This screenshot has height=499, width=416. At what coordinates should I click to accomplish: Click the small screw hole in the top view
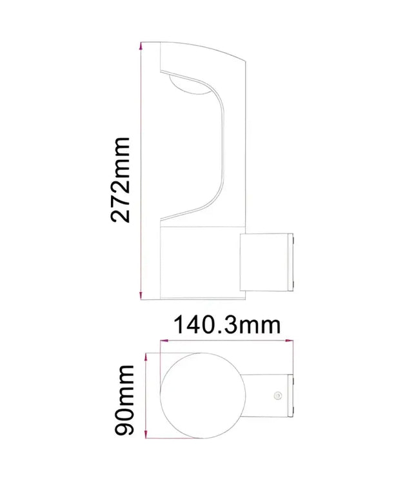click(278, 393)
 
